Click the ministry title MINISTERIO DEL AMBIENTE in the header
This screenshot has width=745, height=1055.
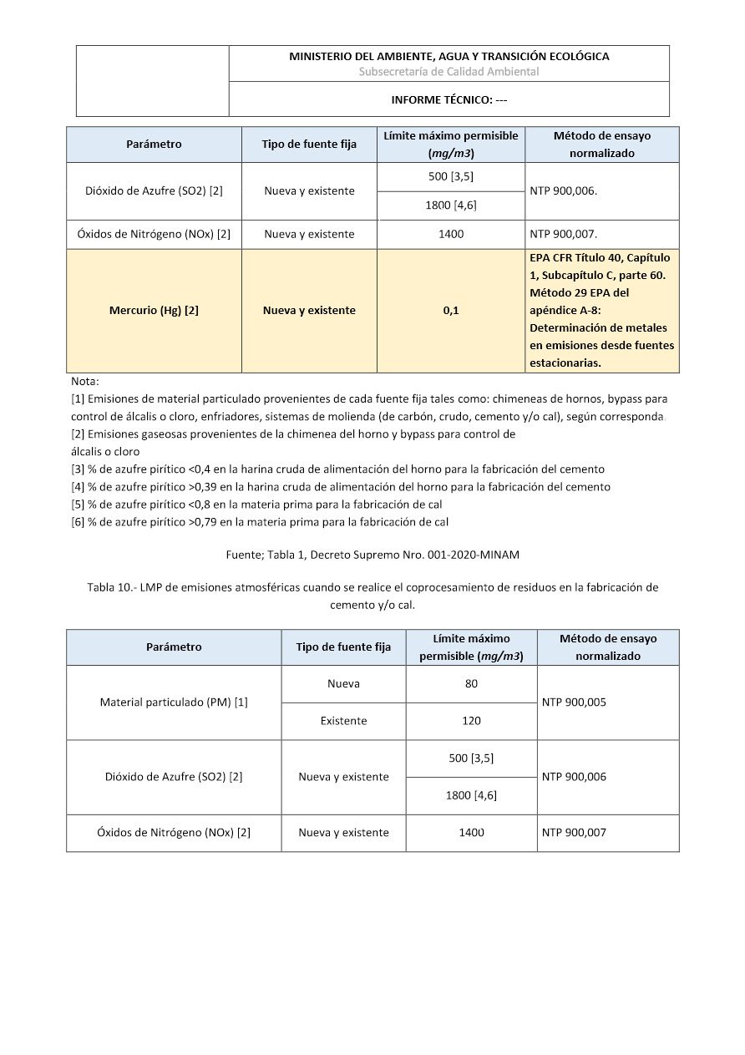(449, 57)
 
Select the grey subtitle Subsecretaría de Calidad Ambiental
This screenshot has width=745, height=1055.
(449, 72)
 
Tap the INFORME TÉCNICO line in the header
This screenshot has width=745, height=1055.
(449, 100)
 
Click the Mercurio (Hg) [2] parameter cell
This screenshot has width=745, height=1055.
(154, 311)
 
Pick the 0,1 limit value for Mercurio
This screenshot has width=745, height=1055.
(451, 311)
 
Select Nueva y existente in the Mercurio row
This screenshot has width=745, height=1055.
(309, 311)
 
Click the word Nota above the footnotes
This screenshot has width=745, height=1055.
(85, 382)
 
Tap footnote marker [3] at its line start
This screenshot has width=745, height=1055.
(78, 469)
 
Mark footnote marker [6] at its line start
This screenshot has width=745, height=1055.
(78, 522)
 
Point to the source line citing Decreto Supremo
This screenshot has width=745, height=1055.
(372, 554)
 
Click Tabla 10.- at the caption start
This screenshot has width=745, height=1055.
(111, 588)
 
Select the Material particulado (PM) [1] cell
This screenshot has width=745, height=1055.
(174, 702)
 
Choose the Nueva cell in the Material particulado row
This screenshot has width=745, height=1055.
(343, 684)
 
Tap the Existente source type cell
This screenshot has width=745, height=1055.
(343, 721)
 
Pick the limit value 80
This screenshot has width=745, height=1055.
(471, 684)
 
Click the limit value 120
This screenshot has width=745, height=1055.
(471, 721)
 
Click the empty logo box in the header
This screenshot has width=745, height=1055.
(153, 81)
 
